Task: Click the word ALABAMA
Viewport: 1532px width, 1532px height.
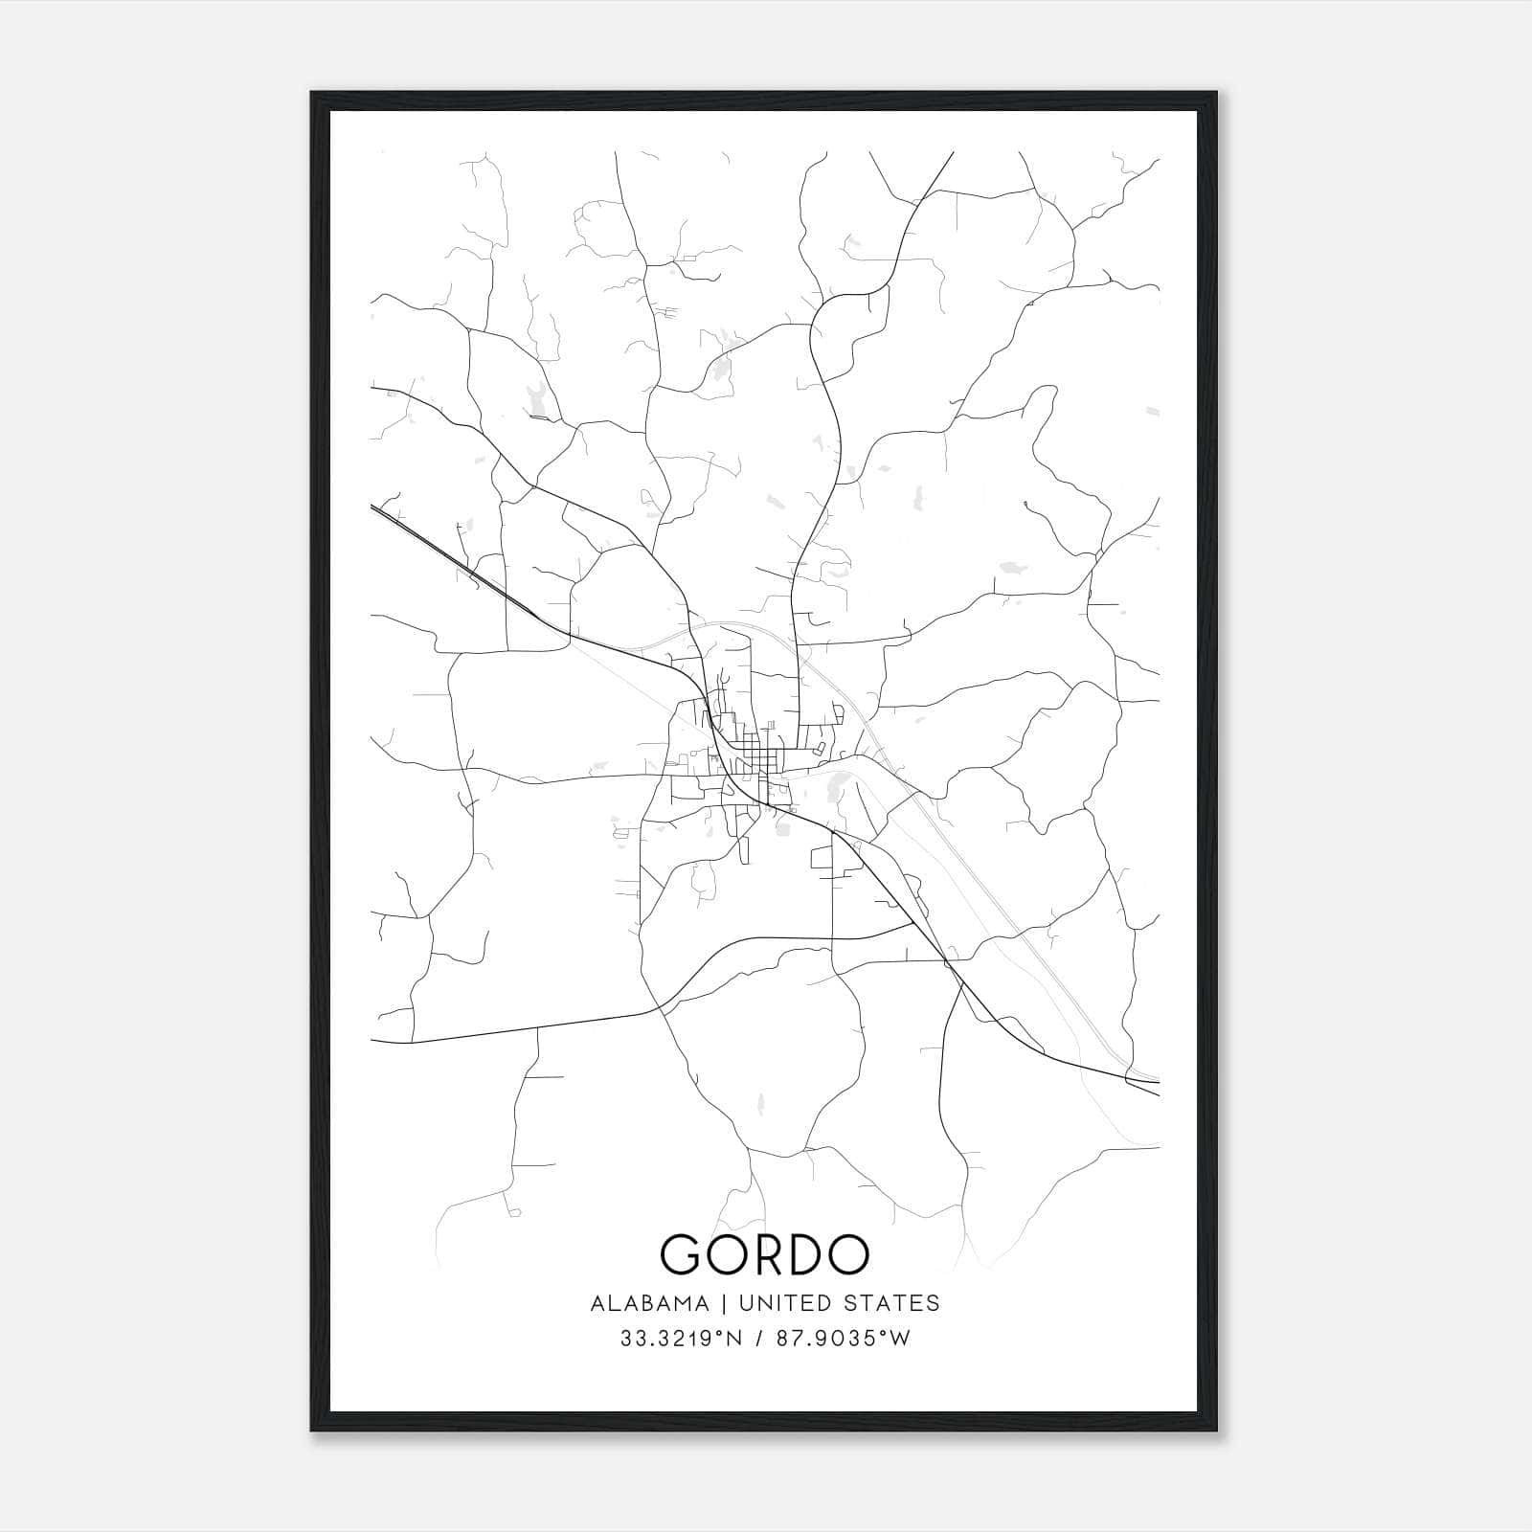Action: [x=650, y=1303]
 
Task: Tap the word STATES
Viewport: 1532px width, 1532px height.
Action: [x=892, y=1303]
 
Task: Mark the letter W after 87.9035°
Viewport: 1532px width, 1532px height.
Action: [x=901, y=1339]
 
